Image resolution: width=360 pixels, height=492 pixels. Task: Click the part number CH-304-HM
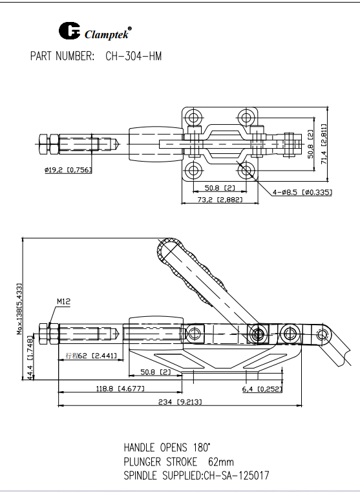coord(133,56)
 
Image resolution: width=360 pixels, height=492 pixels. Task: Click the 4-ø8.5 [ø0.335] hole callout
coord(302,192)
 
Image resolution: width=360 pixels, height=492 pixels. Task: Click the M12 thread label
coord(63,301)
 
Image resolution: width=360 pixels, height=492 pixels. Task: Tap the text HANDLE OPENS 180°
coord(167,447)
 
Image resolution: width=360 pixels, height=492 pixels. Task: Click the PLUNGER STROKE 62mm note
coord(178,462)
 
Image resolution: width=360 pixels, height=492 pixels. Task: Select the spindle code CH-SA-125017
coord(236,476)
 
